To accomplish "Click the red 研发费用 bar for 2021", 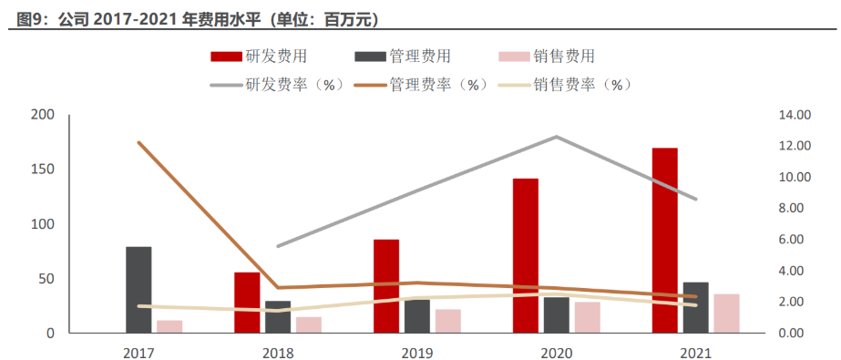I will [664, 241].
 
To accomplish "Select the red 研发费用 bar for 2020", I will [525, 256].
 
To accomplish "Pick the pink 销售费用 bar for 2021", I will [726, 314].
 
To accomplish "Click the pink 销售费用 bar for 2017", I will [169, 326].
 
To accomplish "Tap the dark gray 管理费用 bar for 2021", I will [695, 308].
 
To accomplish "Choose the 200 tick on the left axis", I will [43, 115].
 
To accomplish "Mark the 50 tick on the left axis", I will [46, 279].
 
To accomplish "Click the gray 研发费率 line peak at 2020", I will [556, 137].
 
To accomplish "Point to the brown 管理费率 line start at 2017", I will [138, 143].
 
